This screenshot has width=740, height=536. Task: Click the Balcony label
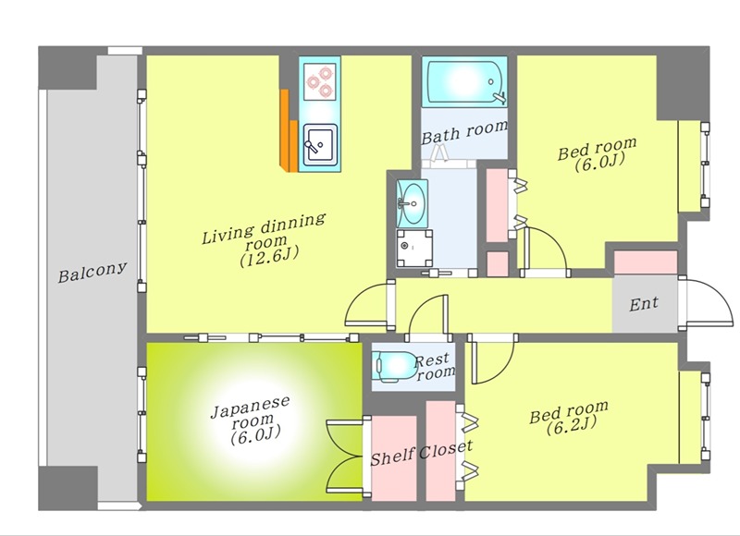pyautogui.click(x=92, y=272)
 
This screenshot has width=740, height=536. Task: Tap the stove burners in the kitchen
pyautogui.click(x=320, y=82)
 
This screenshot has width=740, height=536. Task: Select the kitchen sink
pyautogui.click(x=320, y=145)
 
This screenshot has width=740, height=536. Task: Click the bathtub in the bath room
pyautogui.click(x=464, y=82)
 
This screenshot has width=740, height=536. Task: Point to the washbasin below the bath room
pyautogui.click(x=412, y=203)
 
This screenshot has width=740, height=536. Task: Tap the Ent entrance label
pyautogui.click(x=644, y=304)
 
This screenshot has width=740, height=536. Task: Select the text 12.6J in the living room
pyautogui.click(x=269, y=258)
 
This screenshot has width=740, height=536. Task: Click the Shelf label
pyautogui.click(x=392, y=457)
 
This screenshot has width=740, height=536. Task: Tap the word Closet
pyautogui.click(x=446, y=449)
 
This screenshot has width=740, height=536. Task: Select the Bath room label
pyautogui.click(x=464, y=131)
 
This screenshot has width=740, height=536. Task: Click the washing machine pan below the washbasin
pyautogui.click(x=413, y=248)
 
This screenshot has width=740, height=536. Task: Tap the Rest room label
pyautogui.click(x=434, y=367)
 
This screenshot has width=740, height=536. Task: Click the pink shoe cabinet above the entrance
pyautogui.click(x=646, y=262)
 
